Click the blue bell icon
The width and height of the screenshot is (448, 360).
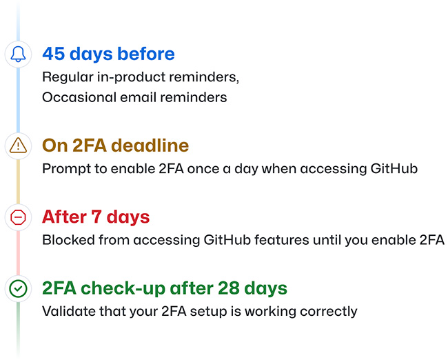[x=19, y=54]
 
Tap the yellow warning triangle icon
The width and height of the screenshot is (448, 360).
[x=19, y=146]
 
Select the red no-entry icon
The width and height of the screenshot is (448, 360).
[x=19, y=217]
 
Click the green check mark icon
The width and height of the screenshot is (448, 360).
[x=19, y=289]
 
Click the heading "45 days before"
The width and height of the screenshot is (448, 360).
[x=108, y=54]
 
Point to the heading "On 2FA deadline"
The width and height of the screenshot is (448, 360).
[x=115, y=146]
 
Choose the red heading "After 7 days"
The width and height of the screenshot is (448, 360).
[x=96, y=217]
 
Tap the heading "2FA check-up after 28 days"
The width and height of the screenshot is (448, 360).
[x=165, y=288]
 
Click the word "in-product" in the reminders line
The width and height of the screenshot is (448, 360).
[x=127, y=77]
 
